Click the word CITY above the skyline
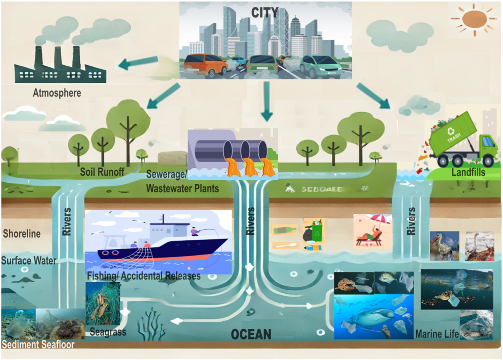265,13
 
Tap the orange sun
474,19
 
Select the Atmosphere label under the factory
57,93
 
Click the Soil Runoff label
102,172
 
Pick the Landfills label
468,172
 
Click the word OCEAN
251,334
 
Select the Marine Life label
437,334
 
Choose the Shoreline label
22,234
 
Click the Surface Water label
29,261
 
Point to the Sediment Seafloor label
38,345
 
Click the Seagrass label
108,332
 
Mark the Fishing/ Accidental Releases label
144,276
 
